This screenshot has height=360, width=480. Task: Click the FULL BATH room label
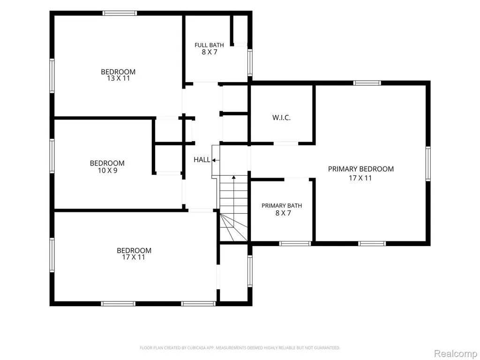tap(209, 45)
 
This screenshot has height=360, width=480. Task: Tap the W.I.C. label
tap(281, 118)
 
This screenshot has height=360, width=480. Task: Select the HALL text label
tap(202, 159)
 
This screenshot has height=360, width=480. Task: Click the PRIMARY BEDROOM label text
tap(361, 169)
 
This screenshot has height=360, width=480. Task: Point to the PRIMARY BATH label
tap(282, 206)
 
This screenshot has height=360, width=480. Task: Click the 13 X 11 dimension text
tap(118, 78)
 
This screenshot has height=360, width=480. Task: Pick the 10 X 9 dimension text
tap(107, 171)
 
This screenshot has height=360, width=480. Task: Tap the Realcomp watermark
tap(455, 353)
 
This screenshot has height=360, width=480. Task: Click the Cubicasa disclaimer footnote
tap(240, 348)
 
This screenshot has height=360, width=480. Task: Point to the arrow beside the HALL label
tap(216, 160)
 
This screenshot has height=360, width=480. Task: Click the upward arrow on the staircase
tap(233, 201)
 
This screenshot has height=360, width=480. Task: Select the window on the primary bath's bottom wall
tap(295, 244)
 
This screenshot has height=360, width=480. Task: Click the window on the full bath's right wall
tap(250, 62)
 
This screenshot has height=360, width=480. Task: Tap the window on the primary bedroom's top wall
tap(367, 83)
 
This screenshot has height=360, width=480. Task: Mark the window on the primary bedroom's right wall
tap(428, 164)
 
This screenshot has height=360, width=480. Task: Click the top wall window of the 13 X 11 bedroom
tap(120, 13)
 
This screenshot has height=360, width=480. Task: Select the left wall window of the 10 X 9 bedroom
tap(52, 156)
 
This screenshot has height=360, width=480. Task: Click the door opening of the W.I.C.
tap(286, 143)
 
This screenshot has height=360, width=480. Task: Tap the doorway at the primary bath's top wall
tap(296, 179)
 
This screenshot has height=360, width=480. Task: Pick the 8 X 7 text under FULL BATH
tap(210, 52)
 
